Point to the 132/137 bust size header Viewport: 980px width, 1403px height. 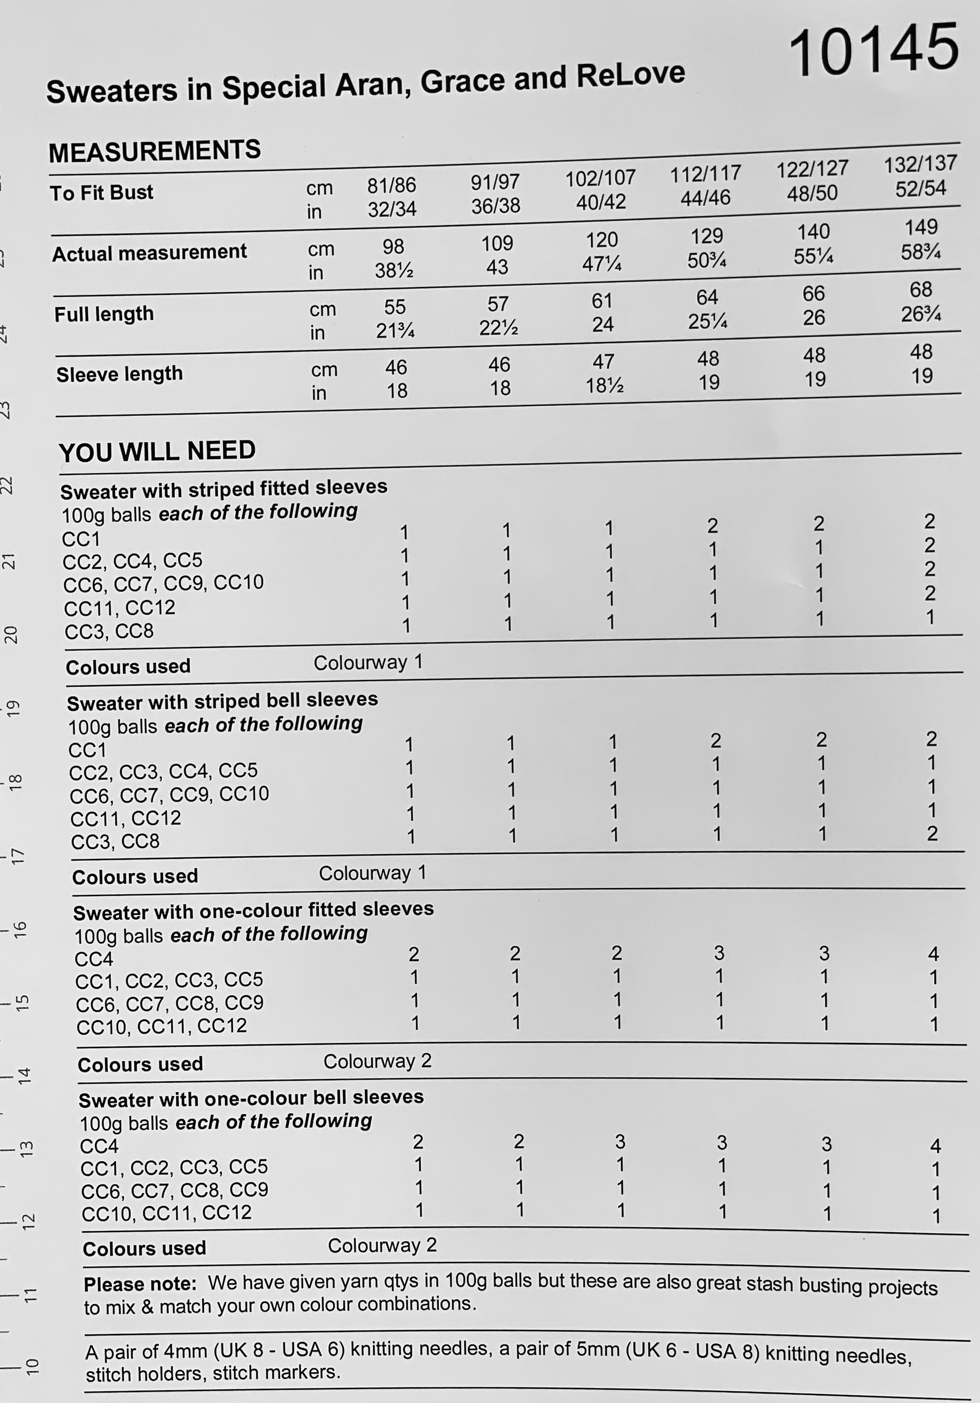920,164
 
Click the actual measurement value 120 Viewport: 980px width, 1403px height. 601,239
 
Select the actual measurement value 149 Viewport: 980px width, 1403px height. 921,227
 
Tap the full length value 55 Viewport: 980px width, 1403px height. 395,307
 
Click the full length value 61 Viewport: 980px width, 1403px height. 602,301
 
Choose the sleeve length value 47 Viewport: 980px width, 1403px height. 603,362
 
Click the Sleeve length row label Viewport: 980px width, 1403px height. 119,373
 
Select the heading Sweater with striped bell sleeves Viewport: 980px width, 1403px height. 223,701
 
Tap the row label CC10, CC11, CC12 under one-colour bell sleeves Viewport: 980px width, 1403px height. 166,1213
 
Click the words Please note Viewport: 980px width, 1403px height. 140,1284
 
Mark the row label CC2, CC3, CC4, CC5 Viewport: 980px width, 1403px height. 163,771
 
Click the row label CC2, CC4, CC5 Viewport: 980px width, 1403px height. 132,560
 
